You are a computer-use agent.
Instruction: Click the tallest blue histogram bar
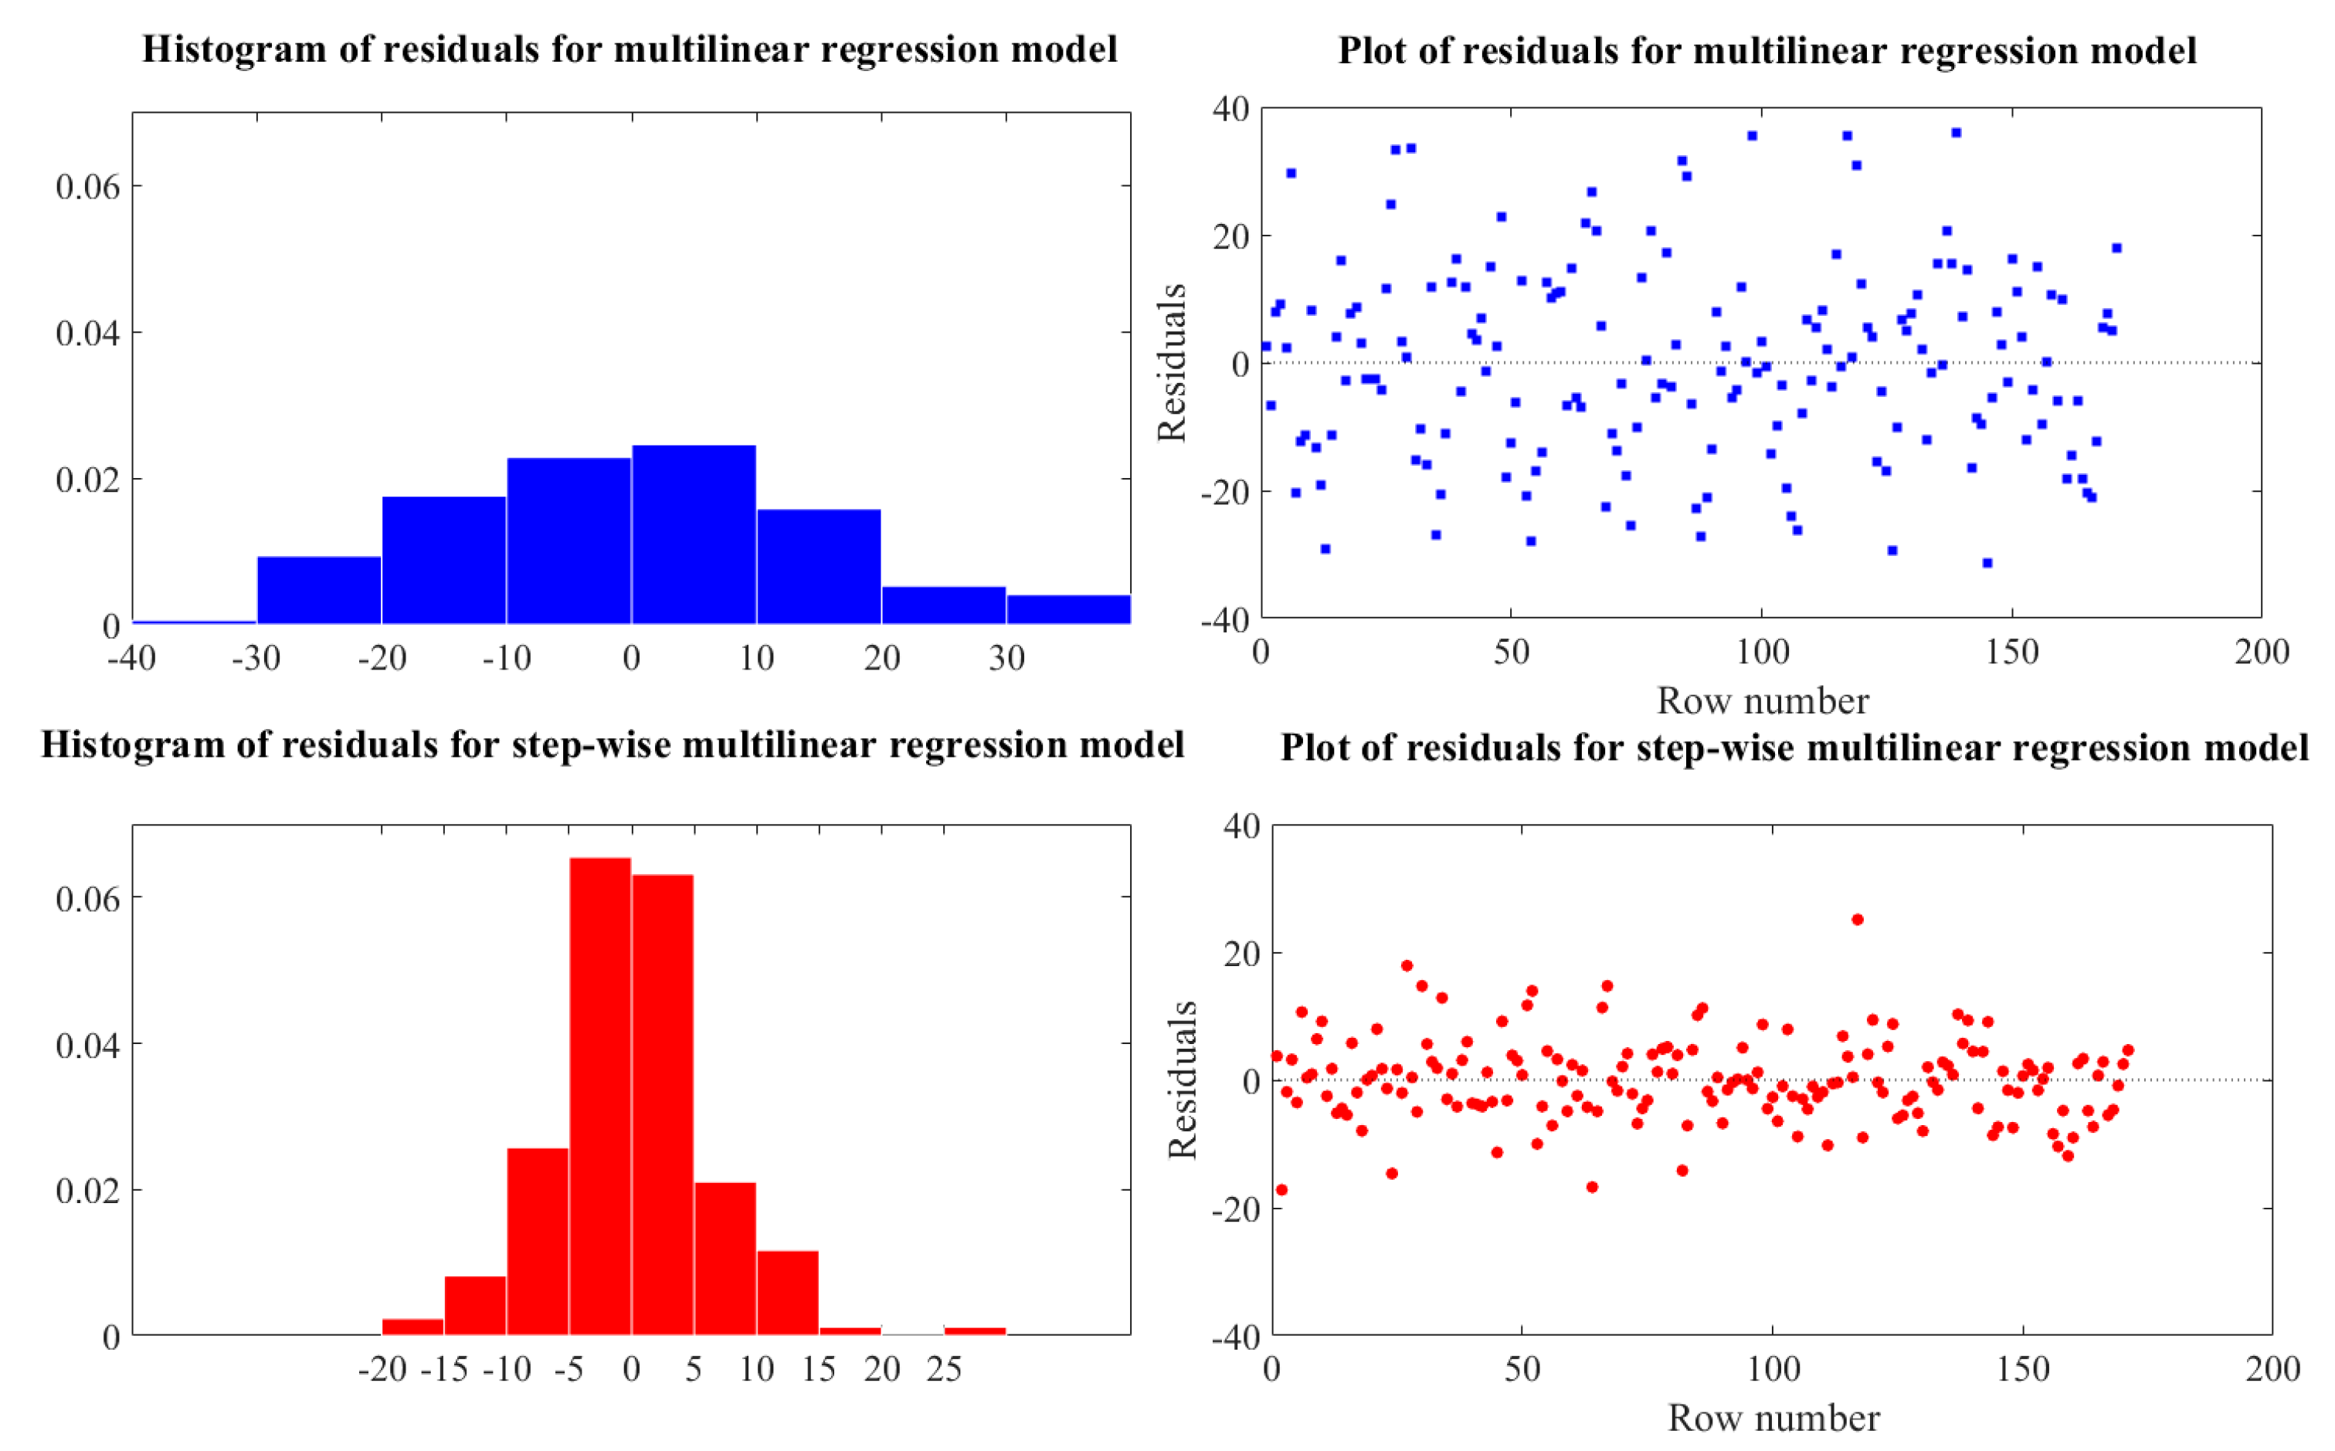click(693, 534)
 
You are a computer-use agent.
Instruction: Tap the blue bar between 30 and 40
click(1067, 609)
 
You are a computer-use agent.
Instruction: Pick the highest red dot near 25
click(1857, 920)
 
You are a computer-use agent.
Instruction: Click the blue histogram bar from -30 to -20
click(319, 589)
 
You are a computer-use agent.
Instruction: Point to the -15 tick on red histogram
click(444, 1369)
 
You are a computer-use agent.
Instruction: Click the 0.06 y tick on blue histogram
click(88, 186)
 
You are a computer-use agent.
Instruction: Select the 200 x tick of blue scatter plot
click(2261, 653)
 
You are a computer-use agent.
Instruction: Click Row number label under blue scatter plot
click(1762, 701)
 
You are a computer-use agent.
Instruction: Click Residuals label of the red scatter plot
click(1183, 1080)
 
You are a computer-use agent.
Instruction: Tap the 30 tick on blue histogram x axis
click(1006, 659)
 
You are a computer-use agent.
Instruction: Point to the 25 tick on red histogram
click(943, 1369)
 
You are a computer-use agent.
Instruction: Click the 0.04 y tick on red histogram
click(88, 1045)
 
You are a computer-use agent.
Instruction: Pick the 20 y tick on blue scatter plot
click(1230, 236)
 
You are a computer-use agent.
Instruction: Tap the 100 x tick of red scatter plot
click(1773, 1369)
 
